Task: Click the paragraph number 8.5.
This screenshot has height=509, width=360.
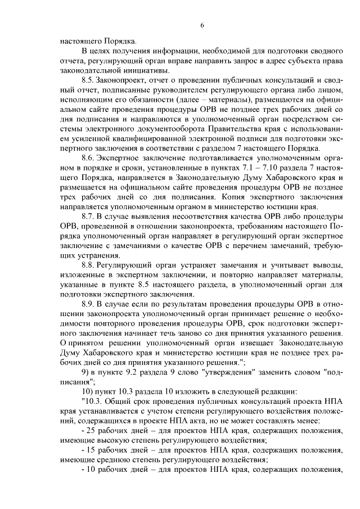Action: pyautogui.click(x=88, y=81)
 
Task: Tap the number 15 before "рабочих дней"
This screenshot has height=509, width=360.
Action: pyautogui.click(x=91, y=451)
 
